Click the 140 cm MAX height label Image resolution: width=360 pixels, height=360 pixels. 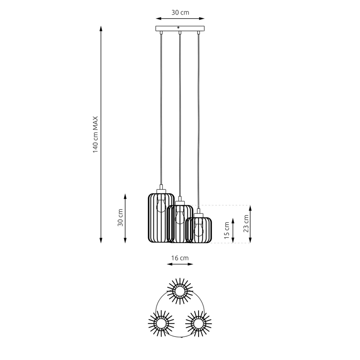coord(95,135)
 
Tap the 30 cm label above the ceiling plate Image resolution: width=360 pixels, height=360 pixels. coord(180,12)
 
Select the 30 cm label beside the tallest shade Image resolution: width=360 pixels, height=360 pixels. coord(120,217)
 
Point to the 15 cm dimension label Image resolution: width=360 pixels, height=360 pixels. coord(227,231)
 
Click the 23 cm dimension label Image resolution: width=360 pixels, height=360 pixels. coord(246,224)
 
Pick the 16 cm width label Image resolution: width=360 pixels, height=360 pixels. coord(180,258)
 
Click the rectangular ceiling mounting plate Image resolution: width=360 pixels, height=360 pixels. coord(180,28)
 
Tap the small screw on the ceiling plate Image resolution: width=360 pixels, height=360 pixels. coord(178,27)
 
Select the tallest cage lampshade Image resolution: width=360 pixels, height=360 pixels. coord(161,218)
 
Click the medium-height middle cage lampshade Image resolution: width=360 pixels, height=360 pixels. coord(180,224)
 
